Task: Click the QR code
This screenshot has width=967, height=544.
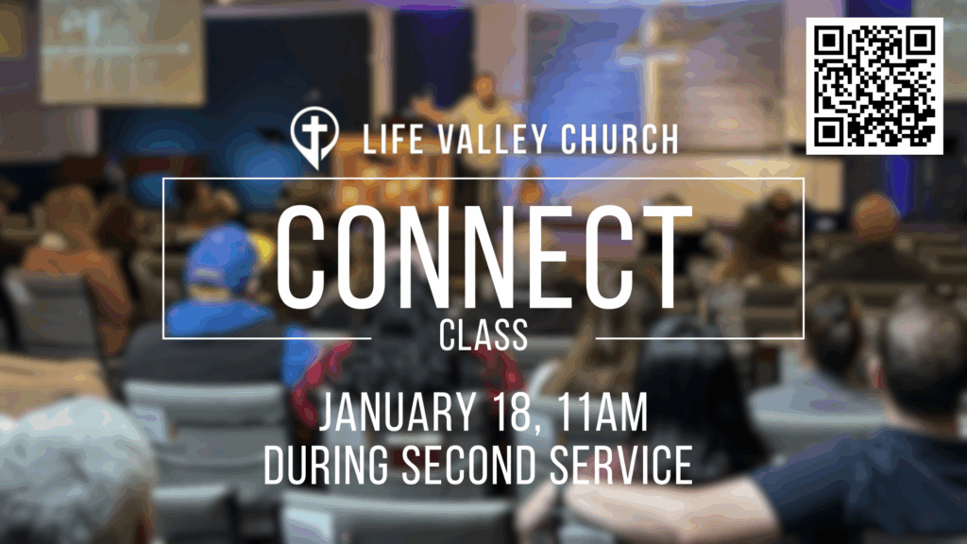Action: coord(874,86)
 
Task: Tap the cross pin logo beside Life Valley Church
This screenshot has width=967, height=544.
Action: coord(314,137)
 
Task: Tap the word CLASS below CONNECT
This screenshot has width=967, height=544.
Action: coord(483,335)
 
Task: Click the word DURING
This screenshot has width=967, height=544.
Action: coord(326,465)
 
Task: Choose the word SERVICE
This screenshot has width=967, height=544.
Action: coord(621,465)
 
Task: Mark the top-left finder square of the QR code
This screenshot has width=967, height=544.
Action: coord(829,41)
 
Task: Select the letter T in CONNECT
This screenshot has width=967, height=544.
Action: coord(665,257)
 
